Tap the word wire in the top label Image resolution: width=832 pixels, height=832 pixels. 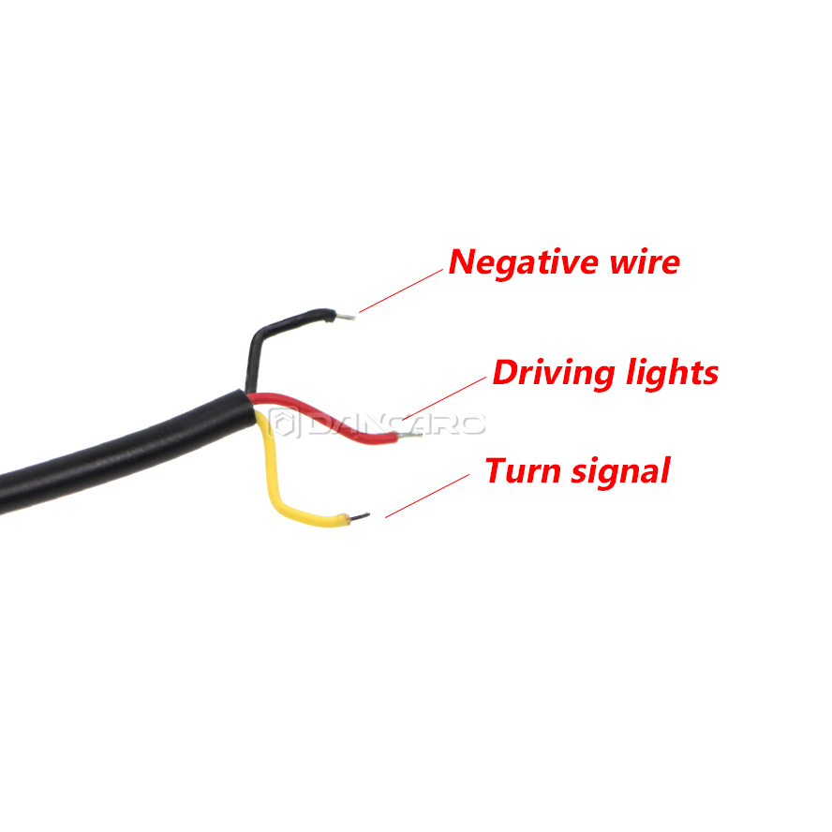646,262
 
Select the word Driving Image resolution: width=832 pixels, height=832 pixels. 554,374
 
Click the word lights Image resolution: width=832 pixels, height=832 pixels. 673,374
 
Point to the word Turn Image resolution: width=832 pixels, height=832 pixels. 523,471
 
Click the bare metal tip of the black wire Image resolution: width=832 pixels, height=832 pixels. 345,317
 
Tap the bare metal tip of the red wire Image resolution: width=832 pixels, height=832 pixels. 409,437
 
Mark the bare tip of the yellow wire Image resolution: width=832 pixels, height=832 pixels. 359,516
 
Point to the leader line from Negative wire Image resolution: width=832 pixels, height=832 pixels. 401,290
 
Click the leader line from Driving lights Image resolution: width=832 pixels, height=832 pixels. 444,398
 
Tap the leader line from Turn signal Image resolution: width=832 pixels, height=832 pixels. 427,497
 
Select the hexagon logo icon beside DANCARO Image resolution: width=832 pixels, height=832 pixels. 284,423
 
